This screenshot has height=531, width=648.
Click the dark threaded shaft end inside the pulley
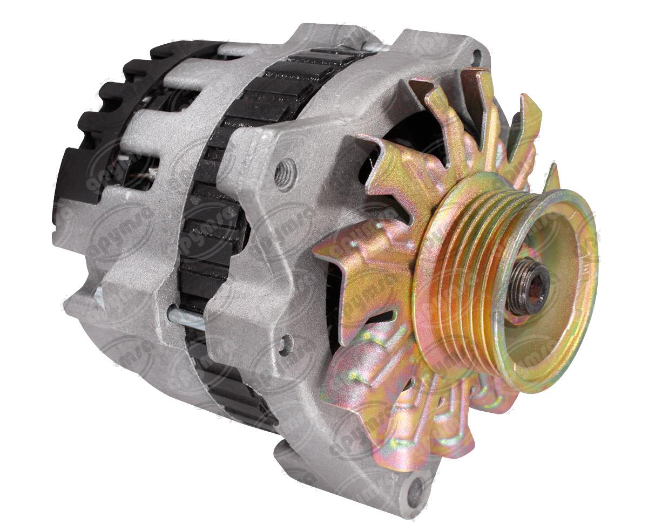tap(526, 294)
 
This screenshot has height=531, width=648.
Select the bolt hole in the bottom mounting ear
tap(415, 492)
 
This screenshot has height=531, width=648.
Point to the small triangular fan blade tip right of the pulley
tap(553, 175)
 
